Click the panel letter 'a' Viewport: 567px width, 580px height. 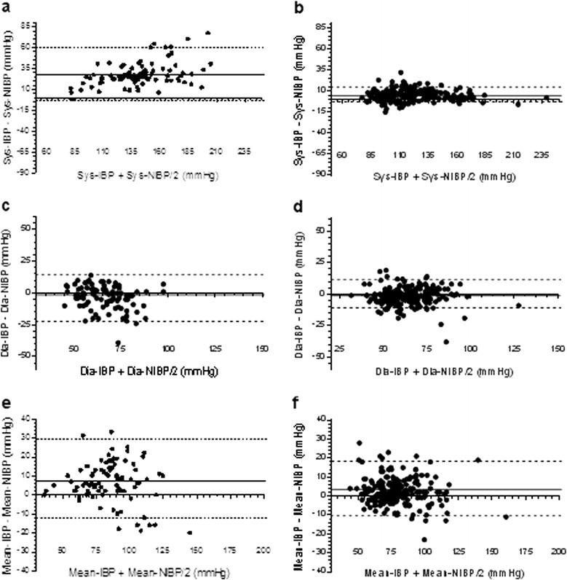pos(6,6)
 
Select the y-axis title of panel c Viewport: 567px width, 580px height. pos(9,291)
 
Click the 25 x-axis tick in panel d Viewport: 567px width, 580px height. pos(339,349)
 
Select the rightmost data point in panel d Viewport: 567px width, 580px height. pos(518,305)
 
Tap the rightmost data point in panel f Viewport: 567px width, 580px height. pos(506,517)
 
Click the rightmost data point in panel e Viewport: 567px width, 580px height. pos(190,533)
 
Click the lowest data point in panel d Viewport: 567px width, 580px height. pos(446,341)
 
